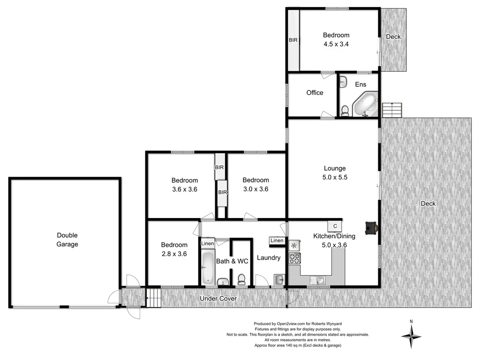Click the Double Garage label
[67, 240]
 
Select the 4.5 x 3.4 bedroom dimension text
[336, 45]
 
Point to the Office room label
[315, 93]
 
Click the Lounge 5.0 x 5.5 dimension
[335, 177]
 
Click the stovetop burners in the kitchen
[294, 258]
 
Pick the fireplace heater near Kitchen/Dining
[371, 227]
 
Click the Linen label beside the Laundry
[277, 241]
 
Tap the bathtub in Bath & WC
[207, 268]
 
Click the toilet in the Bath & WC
[242, 279]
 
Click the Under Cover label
[218, 299]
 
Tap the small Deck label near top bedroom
[393, 37]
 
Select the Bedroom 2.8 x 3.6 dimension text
[174, 254]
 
